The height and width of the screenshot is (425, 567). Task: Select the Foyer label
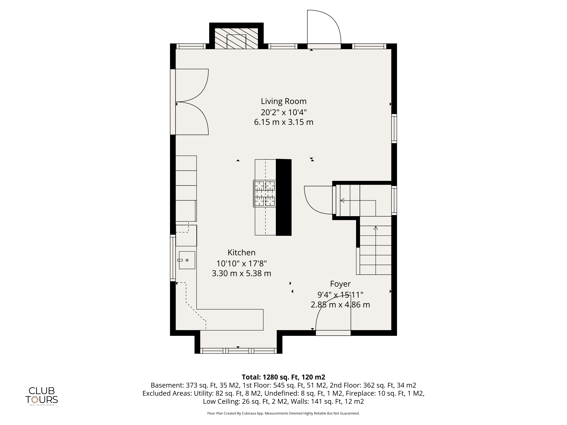click(340, 284)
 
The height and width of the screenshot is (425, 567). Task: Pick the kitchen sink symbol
click(187, 260)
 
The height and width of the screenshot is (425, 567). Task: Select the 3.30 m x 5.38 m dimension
click(241, 273)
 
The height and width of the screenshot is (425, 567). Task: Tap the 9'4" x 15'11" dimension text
click(340, 295)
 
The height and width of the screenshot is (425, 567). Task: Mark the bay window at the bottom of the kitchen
click(238, 351)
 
